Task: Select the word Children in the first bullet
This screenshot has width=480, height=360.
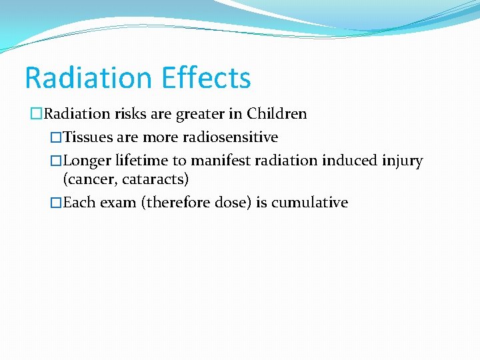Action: (x=277, y=114)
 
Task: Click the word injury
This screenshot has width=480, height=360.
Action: (x=400, y=161)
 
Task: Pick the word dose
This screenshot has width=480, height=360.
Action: (x=231, y=203)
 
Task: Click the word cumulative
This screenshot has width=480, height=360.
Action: (x=309, y=203)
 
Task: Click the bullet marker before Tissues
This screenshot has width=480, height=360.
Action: (x=56, y=137)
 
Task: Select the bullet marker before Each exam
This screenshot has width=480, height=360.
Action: (x=56, y=203)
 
